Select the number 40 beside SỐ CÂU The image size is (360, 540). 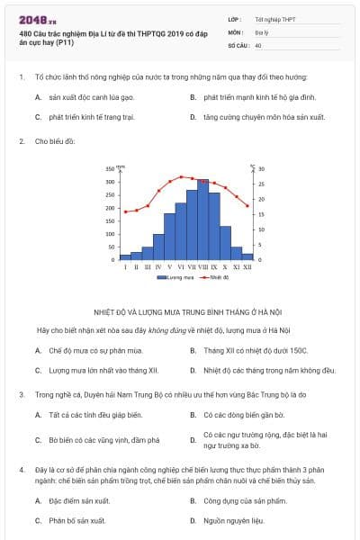click(x=258, y=44)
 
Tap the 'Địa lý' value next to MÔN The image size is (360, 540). click(x=262, y=31)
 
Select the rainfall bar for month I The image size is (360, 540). click(x=125, y=257)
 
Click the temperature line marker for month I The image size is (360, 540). click(x=125, y=211)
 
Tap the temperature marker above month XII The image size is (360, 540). click(x=247, y=206)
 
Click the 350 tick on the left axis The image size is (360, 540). click(x=110, y=169)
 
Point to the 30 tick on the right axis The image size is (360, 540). click(x=263, y=169)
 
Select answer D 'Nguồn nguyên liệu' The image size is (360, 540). click(x=233, y=520)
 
